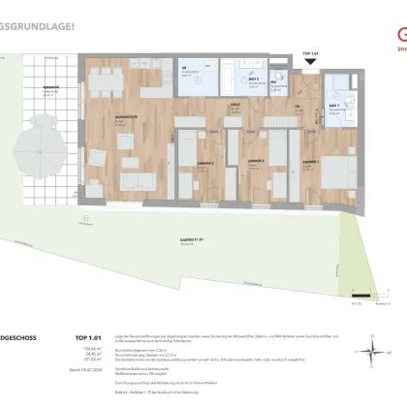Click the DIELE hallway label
(x=234, y=106)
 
